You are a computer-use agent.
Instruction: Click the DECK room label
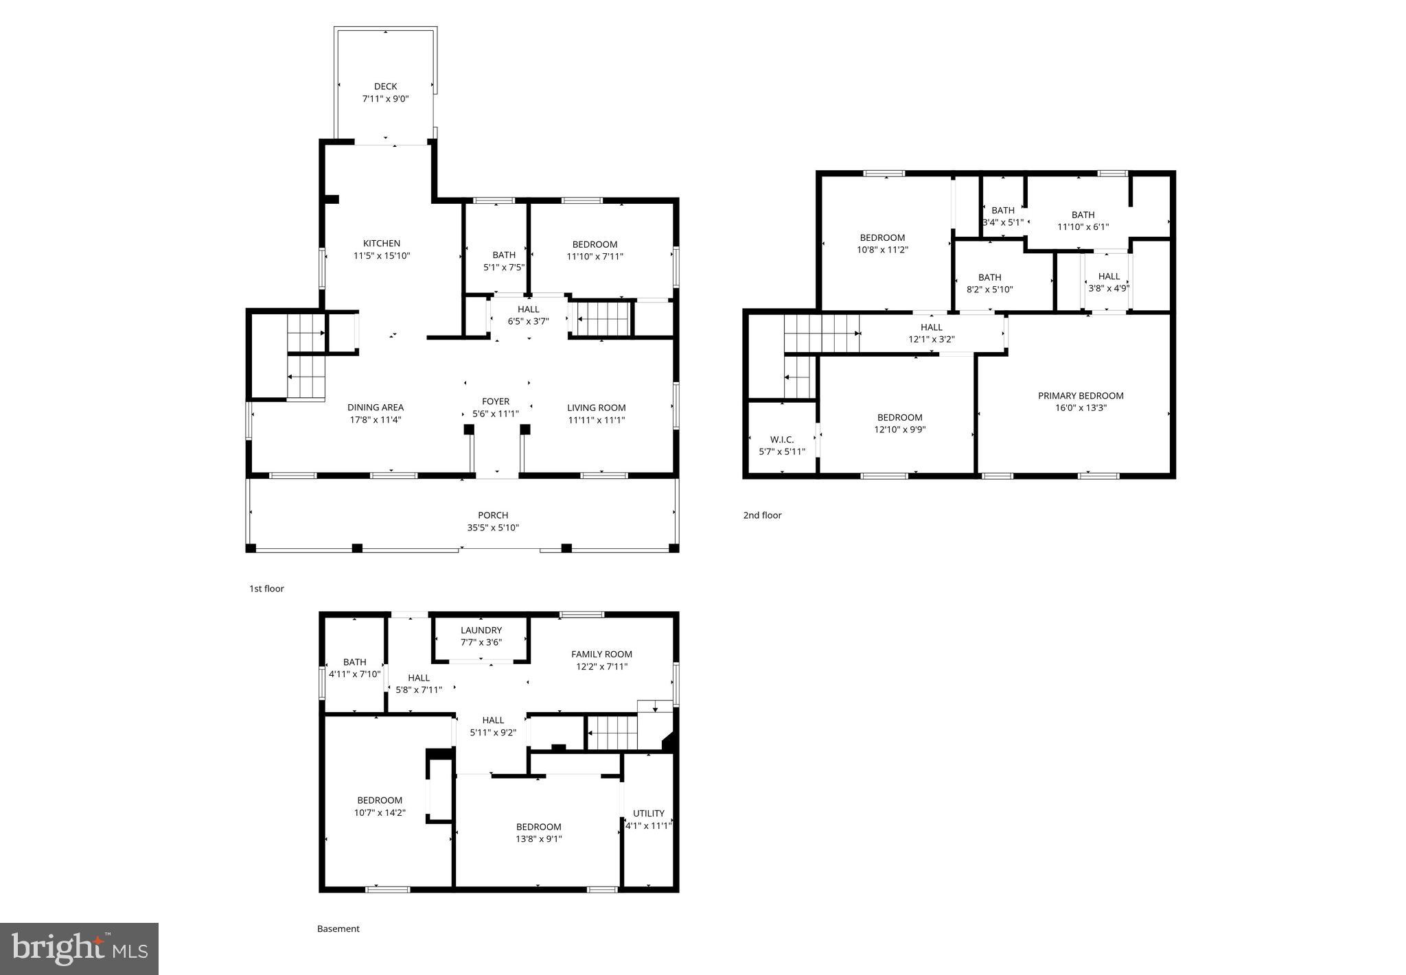(385, 86)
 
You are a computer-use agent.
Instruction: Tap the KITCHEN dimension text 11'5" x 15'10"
(381, 256)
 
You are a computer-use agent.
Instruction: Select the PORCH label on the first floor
(493, 515)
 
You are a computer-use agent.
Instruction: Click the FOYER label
(495, 401)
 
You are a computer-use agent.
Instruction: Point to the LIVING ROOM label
(596, 408)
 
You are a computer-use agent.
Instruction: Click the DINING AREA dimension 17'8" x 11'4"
(375, 420)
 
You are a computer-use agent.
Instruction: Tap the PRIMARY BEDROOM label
(1080, 396)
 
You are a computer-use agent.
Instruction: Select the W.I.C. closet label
(781, 440)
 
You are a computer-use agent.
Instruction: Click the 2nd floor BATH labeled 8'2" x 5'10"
(989, 278)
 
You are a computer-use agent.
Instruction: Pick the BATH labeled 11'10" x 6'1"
(1083, 215)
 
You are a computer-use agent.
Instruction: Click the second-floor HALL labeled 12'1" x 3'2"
(931, 327)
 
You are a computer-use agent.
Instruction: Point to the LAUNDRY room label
(481, 631)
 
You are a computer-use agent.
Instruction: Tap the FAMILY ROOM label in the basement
(601, 655)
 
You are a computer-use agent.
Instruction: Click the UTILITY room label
(648, 814)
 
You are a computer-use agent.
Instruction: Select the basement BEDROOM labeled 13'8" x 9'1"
(538, 827)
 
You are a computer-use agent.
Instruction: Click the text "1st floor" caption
(266, 589)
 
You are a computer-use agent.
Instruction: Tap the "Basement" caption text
(338, 929)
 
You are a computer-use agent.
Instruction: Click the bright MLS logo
(79, 949)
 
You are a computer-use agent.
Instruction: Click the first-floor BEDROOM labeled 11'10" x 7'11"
(595, 245)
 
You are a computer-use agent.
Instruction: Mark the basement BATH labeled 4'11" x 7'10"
(354, 662)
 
